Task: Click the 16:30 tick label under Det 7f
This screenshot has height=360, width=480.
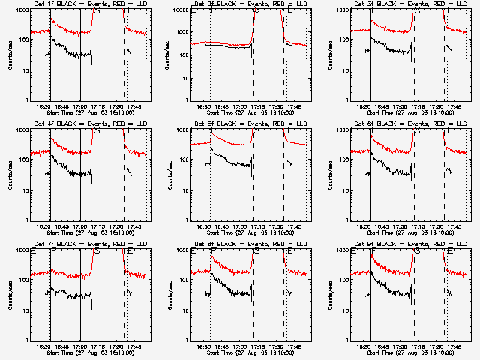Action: tap(45, 346)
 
